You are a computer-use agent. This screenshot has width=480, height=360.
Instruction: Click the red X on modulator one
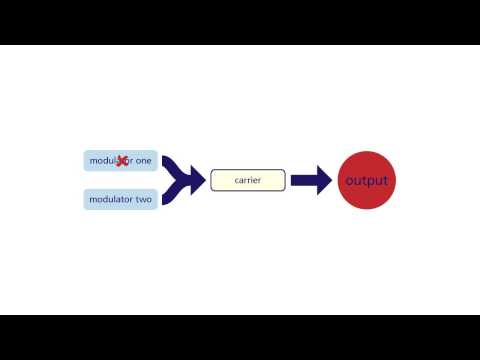tap(123, 160)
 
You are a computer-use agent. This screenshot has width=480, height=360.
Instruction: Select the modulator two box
tap(120, 199)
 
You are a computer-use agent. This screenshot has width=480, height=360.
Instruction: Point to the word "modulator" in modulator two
tap(110, 199)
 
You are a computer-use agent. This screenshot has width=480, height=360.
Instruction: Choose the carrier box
tap(248, 180)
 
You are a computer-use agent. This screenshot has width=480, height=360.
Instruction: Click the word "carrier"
tap(248, 180)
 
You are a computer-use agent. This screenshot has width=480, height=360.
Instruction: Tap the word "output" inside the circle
tap(366, 181)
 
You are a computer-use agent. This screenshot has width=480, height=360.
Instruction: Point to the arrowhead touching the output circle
tap(325, 180)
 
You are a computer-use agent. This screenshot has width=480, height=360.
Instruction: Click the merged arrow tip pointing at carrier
tap(198, 180)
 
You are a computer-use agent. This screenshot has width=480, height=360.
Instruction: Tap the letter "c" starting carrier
tap(236, 180)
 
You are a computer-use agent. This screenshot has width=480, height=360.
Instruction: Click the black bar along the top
tap(240, 22)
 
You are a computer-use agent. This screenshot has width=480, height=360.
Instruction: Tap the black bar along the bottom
tap(240, 337)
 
